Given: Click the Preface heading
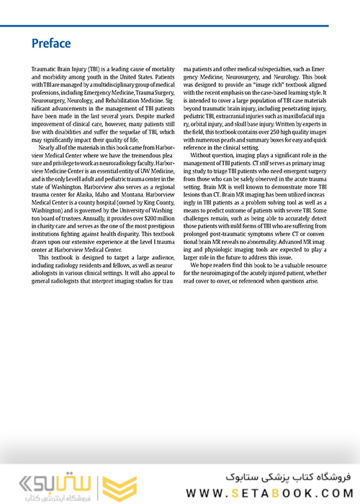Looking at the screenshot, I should click(50, 43).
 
